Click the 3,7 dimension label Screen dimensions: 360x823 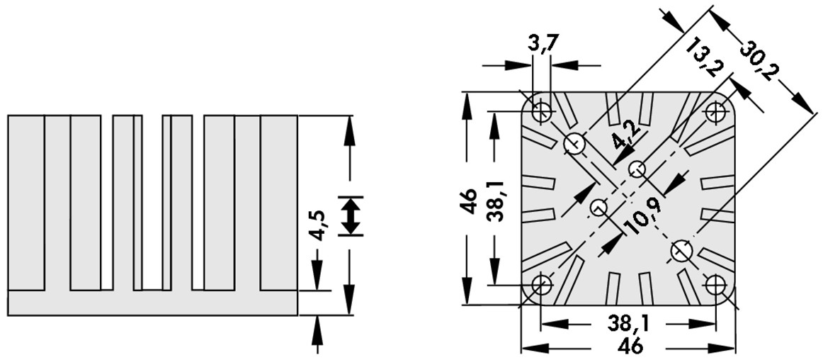coord(544,44)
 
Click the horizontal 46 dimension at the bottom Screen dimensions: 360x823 coord(630,347)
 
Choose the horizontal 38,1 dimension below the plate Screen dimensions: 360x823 coord(630,324)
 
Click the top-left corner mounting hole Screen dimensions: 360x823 coord(544,111)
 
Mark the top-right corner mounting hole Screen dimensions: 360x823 coord(716,111)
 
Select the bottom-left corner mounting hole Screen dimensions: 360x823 coord(542,285)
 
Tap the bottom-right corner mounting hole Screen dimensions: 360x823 coord(715,285)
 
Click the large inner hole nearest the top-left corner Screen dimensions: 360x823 coord(574,144)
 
